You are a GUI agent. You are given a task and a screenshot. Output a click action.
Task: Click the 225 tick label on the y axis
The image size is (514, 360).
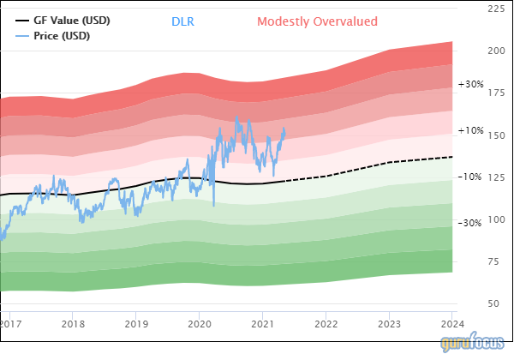click(494, 9)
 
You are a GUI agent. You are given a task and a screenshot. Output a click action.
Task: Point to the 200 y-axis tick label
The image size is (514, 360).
click(494, 51)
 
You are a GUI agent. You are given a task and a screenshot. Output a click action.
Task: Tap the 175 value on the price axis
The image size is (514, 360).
click(494, 93)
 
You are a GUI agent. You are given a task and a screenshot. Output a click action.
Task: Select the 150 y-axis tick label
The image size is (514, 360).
click(494, 135)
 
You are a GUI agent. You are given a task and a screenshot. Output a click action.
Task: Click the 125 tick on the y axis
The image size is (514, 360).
click(494, 177)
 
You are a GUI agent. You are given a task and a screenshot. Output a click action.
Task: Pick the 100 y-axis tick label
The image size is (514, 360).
click(494, 219)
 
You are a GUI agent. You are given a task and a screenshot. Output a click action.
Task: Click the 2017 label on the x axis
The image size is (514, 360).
click(10, 324)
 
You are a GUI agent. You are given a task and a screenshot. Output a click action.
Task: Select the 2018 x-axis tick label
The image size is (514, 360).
click(73, 324)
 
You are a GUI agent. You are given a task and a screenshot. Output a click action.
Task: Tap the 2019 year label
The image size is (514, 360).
click(136, 324)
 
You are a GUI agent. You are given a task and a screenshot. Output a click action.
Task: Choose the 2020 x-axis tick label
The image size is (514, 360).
click(200, 324)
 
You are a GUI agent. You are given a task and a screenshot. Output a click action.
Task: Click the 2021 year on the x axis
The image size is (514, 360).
click(263, 324)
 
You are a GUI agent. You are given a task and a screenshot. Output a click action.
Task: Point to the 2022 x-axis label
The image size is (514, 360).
click(326, 324)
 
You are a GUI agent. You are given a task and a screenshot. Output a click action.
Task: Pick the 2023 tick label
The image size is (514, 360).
click(390, 324)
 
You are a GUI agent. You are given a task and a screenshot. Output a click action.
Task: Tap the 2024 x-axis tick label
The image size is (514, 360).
click(452, 324)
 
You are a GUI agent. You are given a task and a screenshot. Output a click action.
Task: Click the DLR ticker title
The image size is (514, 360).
click(182, 21)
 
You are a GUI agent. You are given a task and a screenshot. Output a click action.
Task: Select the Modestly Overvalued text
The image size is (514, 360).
click(317, 21)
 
